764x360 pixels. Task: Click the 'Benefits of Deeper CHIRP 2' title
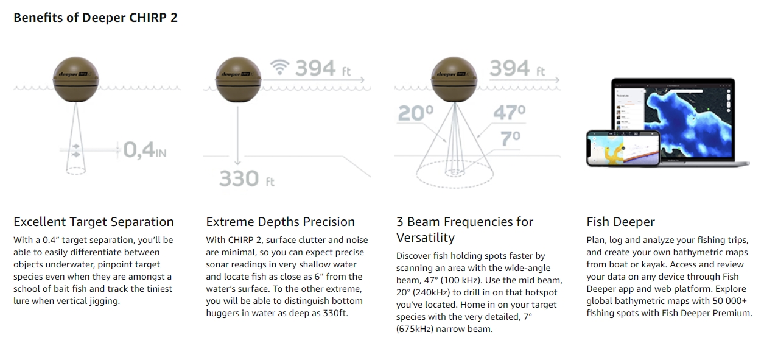pos(96,18)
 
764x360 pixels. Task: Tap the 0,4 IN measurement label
pos(145,150)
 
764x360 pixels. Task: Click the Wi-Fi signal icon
pos(279,67)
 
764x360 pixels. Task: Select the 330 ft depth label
pos(247,178)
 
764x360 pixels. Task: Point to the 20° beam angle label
pos(415,113)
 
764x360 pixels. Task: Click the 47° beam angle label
pos(510,112)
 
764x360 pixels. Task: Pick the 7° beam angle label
pos(510,138)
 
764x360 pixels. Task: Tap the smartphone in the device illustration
pos(623,149)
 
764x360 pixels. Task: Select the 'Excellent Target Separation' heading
pos(94,222)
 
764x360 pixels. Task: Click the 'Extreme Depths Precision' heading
pos(281,222)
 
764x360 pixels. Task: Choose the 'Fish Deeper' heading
pos(621,222)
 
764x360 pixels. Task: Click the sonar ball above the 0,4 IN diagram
pos(75,80)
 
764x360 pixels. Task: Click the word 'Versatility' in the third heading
pos(426,238)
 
